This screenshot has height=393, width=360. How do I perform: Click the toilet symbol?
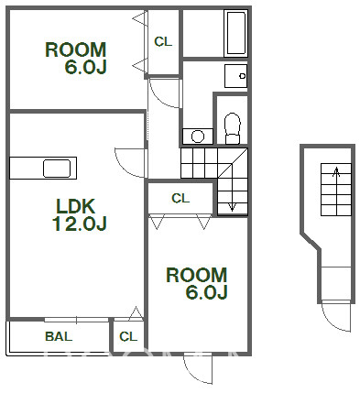(x=233, y=128)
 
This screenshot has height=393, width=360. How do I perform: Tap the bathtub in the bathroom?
(x=235, y=33)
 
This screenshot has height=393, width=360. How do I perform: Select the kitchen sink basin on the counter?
(x=57, y=169)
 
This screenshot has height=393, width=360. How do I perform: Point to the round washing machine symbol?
(x=198, y=136)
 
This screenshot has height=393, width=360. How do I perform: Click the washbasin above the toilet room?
(x=236, y=76)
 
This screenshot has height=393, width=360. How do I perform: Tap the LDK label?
(x=76, y=206)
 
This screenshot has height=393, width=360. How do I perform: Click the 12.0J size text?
(x=80, y=224)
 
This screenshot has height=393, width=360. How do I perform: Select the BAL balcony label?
(x=59, y=336)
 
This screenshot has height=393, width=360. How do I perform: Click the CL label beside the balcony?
(x=128, y=336)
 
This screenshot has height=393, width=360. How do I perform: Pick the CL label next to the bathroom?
(x=163, y=42)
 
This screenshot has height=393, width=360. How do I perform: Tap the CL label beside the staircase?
(x=180, y=199)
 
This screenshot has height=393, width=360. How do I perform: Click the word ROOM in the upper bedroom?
(x=76, y=49)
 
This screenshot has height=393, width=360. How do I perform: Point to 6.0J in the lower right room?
(x=207, y=292)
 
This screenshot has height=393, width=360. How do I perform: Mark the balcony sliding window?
(x=77, y=320)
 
